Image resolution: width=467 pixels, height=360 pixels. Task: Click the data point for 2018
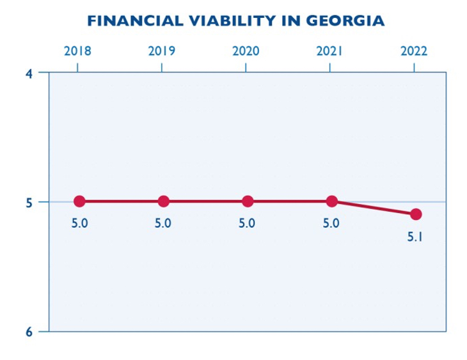[79, 201]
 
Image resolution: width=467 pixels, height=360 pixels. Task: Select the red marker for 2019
[163, 201]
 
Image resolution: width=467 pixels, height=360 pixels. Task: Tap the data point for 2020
[248, 201]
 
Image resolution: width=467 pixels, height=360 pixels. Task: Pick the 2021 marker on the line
[331, 201]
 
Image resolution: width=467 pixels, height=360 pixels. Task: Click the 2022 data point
[416, 214]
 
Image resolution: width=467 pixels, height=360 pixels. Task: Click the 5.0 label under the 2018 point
[79, 224]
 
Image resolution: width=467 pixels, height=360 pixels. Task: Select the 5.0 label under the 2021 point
[331, 224]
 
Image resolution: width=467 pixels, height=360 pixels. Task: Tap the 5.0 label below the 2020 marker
[248, 224]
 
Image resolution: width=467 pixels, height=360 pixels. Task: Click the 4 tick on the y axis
[29, 73]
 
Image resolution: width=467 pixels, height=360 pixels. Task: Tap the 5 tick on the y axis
[29, 202]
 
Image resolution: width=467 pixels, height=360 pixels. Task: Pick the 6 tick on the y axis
[29, 331]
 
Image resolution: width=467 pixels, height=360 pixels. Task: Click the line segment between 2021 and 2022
[374, 208]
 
